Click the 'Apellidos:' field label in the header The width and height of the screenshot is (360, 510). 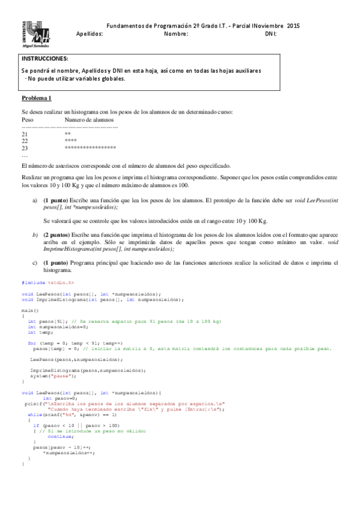click(90, 34)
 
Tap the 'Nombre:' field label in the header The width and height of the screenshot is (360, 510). click(176, 34)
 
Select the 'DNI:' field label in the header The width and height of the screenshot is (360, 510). click(270, 34)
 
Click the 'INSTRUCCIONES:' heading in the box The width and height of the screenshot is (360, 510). click(44, 59)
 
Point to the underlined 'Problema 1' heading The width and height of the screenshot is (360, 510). click(37, 97)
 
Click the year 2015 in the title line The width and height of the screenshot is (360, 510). click(293, 26)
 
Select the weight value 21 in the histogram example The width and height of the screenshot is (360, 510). click(25, 134)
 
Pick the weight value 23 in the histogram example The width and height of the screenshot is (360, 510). click(25, 147)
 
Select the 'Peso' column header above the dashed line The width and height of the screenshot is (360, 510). click(28, 120)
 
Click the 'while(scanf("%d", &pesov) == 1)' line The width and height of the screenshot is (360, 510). click(72, 415)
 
